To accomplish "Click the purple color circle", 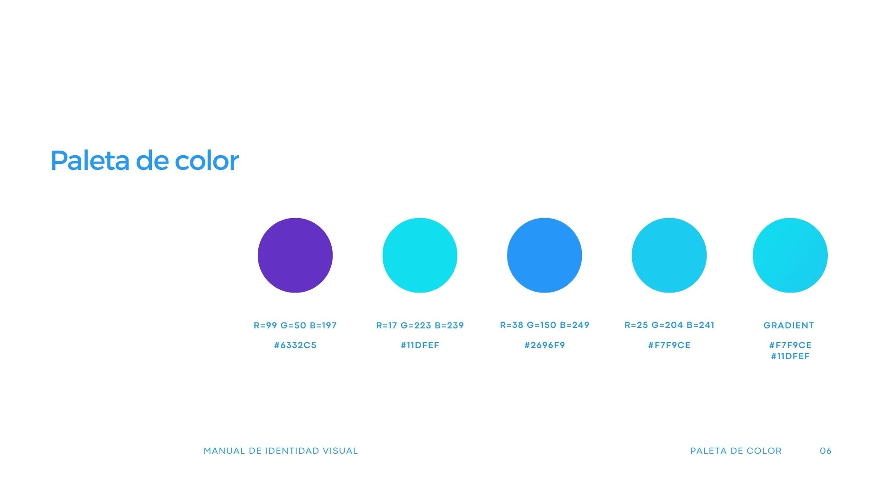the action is tap(295, 255).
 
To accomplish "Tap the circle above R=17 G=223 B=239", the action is tap(420, 255).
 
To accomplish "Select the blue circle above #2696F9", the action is tap(545, 255).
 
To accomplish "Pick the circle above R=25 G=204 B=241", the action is tap(669, 255).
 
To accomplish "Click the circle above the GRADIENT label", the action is tap(790, 255).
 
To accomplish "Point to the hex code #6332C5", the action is tap(296, 345).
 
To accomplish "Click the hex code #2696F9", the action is tap(545, 345).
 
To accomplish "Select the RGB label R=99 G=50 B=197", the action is tap(295, 326).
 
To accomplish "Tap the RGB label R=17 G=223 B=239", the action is tap(420, 326).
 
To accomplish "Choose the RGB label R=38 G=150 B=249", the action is tap(545, 325).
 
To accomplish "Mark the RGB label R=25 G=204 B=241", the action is tap(669, 325).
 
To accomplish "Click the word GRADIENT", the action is tap(789, 326).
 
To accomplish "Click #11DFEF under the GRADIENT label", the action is tap(790, 356).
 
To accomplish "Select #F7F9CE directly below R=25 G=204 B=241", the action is tap(669, 345).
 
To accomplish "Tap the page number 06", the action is tap(825, 451).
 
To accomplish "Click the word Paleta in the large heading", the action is tap(90, 161).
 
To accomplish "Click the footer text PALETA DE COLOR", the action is tap(736, 451).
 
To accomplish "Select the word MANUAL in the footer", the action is tap(224, 451).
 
